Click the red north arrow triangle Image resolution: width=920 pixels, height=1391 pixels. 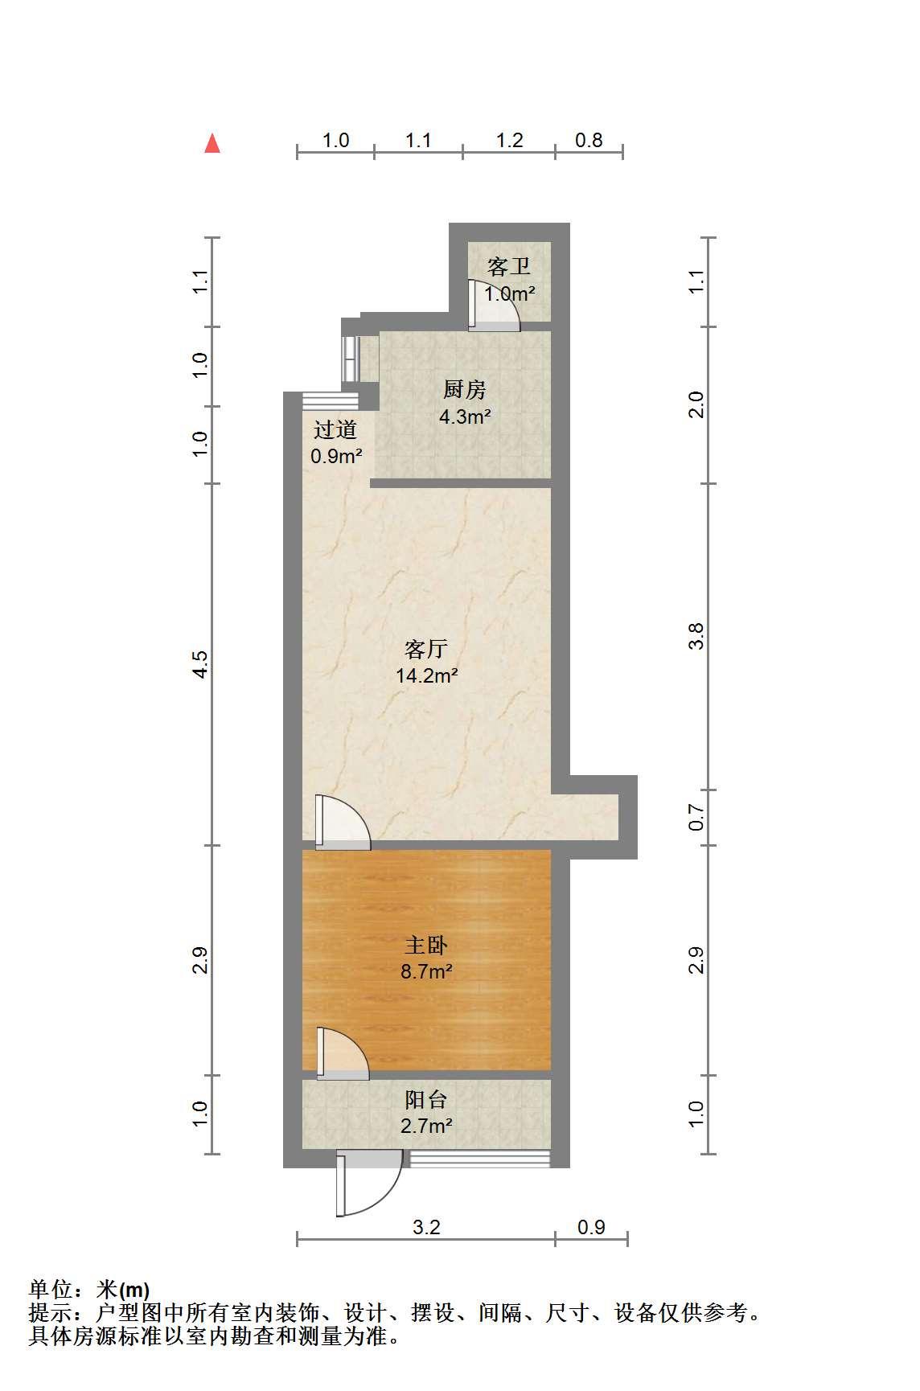pyautogui.click(x=212, y=143)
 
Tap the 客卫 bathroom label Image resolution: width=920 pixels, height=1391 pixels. pyautogui.click(x=509, y=267)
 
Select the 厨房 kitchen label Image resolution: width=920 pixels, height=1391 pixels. pyautogui.click(x=465, y=390)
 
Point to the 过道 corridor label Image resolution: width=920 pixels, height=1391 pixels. pyautogui.click(x=335, y=430)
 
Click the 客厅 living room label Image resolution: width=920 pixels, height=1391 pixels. pyautogui.click(x=426, y=649)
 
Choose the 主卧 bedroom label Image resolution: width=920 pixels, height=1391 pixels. pyautogui.click(x=426, y=945)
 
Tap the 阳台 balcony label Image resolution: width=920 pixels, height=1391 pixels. pyautogui.click(x=426, y=1099)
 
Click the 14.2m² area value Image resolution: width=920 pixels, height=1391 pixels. pyautogui.click(x=427, y=675)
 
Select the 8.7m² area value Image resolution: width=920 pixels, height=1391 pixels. pyautogui.click(x=426, y=971)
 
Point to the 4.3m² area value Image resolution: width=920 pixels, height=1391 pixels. pyautogui.click(x=465, y=416)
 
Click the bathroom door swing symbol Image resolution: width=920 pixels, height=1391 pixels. pyautogui.click(x=494, y=306)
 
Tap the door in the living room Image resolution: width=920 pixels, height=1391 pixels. pyautogui.click(x=343, y=823)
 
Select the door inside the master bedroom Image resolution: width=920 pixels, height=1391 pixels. pyautogui.click(x=343, y=1053)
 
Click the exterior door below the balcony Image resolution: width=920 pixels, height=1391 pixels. pyautogui.click(x=368, y=1183)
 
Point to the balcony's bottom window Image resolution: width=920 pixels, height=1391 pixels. pyautogui.click(x=480, y=1159)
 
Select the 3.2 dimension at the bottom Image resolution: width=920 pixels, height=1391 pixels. pyautogui.click(x=426, y=1227)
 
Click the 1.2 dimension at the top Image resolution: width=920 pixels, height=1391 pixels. pyautogui.click(x=509, y=141)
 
